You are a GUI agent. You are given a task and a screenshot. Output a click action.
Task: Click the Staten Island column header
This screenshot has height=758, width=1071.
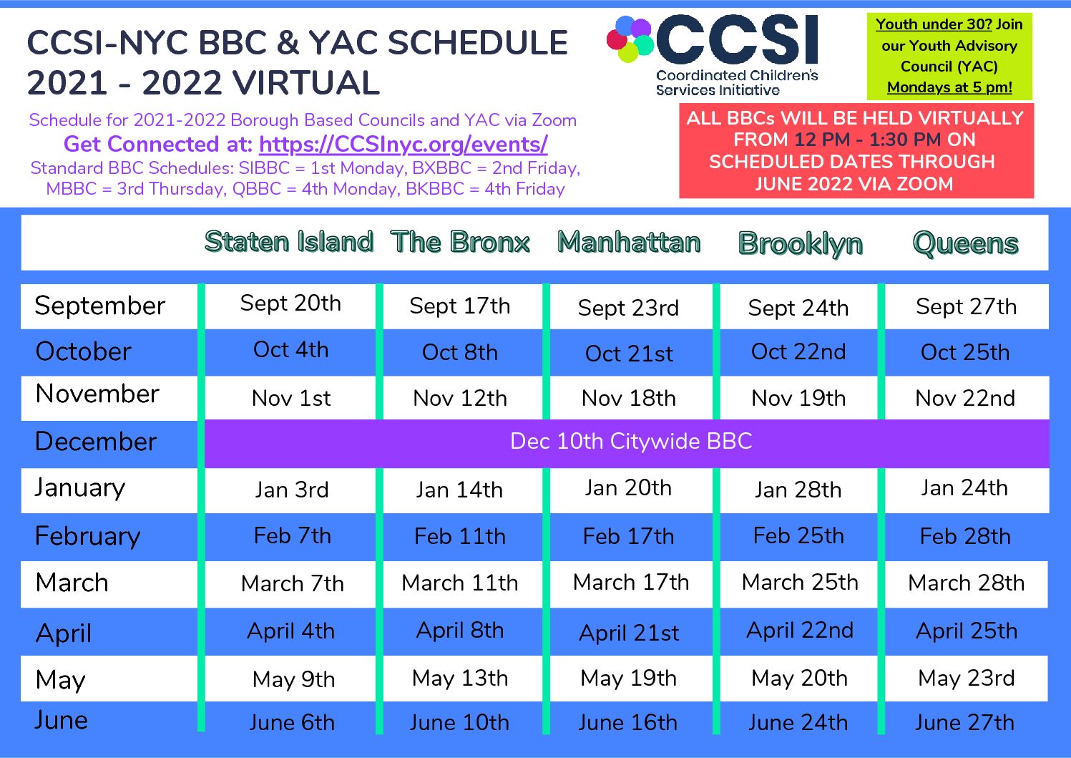289,241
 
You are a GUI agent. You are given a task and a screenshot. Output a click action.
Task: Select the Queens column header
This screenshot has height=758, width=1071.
965,244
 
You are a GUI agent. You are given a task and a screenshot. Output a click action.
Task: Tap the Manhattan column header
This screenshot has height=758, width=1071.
629,242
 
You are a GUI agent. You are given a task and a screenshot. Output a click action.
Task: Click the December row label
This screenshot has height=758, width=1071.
96,441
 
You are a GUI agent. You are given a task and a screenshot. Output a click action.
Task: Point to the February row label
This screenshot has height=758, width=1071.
88,536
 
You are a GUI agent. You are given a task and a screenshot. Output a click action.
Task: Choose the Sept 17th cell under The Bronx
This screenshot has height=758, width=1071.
460,306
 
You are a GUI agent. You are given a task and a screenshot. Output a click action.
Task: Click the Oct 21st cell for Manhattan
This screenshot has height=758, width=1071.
629,354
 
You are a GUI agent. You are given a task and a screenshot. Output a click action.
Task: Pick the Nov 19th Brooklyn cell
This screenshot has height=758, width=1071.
798,399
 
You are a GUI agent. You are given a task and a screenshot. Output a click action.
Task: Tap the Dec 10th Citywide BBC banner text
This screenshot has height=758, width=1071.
631,441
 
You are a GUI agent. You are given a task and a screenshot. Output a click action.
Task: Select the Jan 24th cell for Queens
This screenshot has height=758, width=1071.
964,488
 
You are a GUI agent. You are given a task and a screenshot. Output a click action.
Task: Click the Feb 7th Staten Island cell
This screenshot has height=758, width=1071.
292,535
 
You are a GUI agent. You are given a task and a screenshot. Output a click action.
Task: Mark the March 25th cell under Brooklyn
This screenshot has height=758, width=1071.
800,583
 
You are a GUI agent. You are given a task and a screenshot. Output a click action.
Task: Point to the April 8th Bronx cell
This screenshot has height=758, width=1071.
460,631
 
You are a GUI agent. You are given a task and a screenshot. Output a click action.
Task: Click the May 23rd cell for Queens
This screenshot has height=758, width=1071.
967,679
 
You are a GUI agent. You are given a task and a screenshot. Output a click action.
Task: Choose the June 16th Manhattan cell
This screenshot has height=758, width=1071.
628,723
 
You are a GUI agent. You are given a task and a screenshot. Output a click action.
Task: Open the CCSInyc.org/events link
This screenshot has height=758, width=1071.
403,145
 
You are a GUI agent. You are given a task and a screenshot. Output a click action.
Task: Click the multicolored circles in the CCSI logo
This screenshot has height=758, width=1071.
630,39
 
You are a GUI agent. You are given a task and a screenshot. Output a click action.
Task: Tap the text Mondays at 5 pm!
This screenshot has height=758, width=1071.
949,87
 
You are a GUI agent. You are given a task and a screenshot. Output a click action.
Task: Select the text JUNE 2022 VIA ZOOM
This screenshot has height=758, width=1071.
854,184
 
